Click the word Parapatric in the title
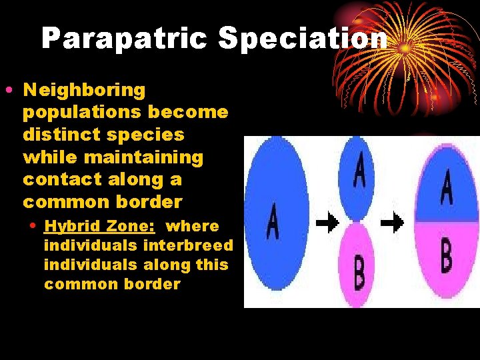coord(126,39)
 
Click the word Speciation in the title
coord(302,39)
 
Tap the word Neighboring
coord(84,89)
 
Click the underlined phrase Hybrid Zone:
coord(99,226)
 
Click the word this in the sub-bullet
coord(212,265)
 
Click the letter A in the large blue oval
coord(273,223)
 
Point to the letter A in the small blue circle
coord(359,171)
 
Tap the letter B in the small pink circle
coord(359,273)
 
